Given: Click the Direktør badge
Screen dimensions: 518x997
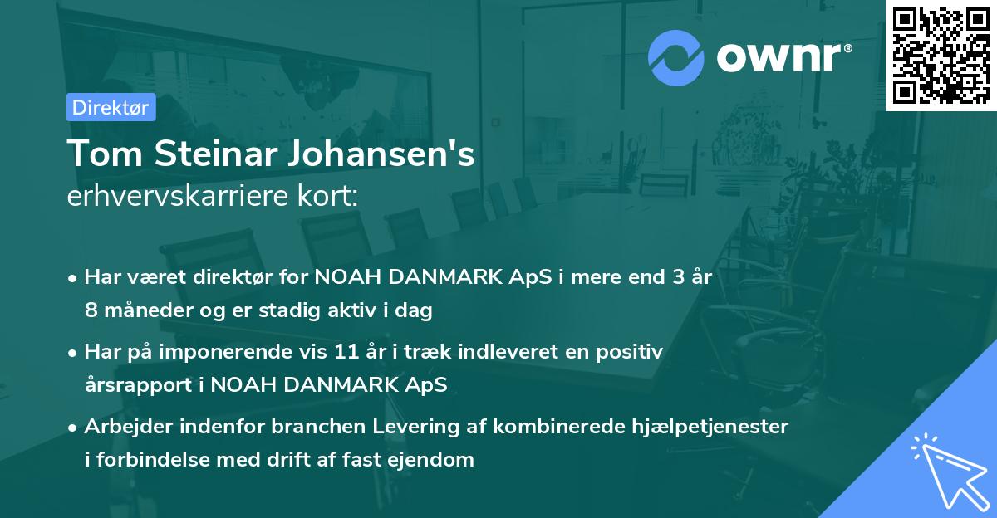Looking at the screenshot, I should (111, 107).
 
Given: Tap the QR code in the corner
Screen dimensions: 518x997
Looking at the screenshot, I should (941, 55).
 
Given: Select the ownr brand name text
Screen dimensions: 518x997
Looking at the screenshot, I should (783, 57).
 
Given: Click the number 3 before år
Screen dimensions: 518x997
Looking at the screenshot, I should (679, 277).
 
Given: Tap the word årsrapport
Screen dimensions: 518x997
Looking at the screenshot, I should (134, 385).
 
